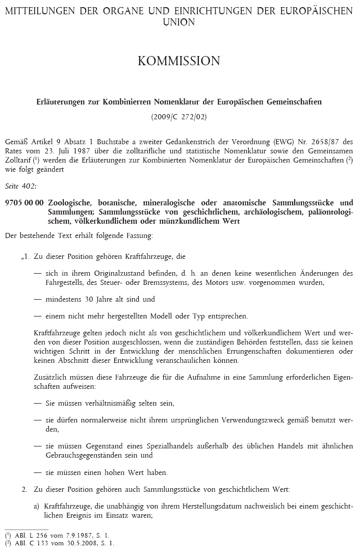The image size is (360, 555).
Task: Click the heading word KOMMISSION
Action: pos(179,61)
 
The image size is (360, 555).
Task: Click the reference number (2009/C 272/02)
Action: pos(179,116)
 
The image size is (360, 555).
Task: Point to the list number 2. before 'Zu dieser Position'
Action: pos(24,489)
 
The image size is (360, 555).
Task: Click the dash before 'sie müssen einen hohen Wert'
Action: pos(37,472)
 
